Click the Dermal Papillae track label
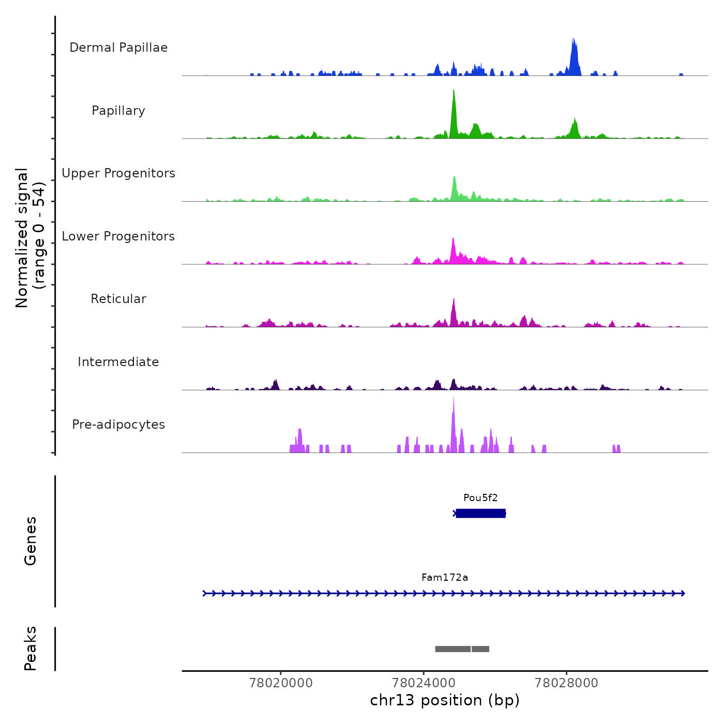tap(118, 48)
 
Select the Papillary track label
tap(118, 111)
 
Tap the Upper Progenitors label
tap(118, 173)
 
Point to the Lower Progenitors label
tap(118, 236)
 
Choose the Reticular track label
tap(118, 299)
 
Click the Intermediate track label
tap(118, 362)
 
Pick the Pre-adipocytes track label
tap(118, 425)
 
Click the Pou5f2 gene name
tap(480, 498)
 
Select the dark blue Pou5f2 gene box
tap(480, 513)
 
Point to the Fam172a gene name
tap(445, 578)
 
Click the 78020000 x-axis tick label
tap(281, 683)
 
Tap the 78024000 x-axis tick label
tap(424, 683)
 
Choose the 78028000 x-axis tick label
tap(566, 683)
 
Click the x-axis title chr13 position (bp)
tap(445, 700)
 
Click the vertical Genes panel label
tap(31, 541)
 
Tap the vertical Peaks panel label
tap(31, 648)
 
